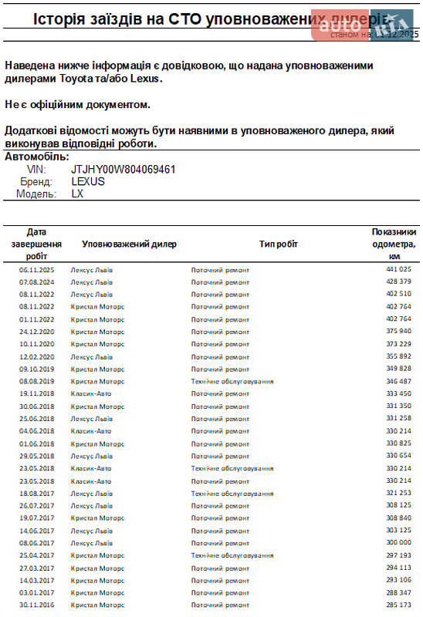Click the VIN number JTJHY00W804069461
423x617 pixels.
tap(124, 169)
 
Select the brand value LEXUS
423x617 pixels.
tap(88, 181)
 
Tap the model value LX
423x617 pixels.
tap(77, 194)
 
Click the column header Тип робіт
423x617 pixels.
tap(278, 244)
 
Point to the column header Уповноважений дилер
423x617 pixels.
tap(129, 244)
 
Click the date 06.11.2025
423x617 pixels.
tap(36, 269)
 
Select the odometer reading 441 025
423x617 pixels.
tap(398, 269)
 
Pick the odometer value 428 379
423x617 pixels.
tap(398, 282)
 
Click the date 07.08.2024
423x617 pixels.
tap(36, 282)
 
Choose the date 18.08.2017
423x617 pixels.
tap(36, 493)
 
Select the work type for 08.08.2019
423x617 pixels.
tap(232, 381)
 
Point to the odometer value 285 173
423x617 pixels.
tap(398, 605)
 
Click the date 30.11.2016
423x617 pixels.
tap(36, 605)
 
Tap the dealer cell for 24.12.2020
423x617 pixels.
tap(97, 331)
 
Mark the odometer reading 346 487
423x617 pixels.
tap(398, 381)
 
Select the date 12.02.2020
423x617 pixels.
tap(36, 356)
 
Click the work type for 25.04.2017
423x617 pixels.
tap(232, 555)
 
